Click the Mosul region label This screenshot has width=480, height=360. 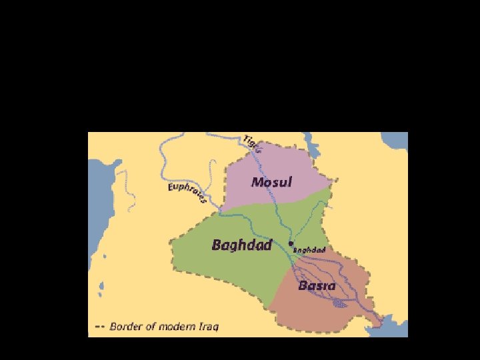pyautogui.click(x=271, y=181)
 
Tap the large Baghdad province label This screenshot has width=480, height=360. pyautogui.click(x=241, y=245)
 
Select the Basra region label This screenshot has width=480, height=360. pyautogui.click(x=317, y=285)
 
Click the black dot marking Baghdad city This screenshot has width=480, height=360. pyautogui.click(x=291, y=244)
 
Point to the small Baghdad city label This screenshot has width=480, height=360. pyautogui.click(x=310, y=250)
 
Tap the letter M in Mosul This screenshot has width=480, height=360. pyautogui.click(x=257, y=181)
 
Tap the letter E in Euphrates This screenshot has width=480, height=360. pyautogui.click(x=171, y=189)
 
